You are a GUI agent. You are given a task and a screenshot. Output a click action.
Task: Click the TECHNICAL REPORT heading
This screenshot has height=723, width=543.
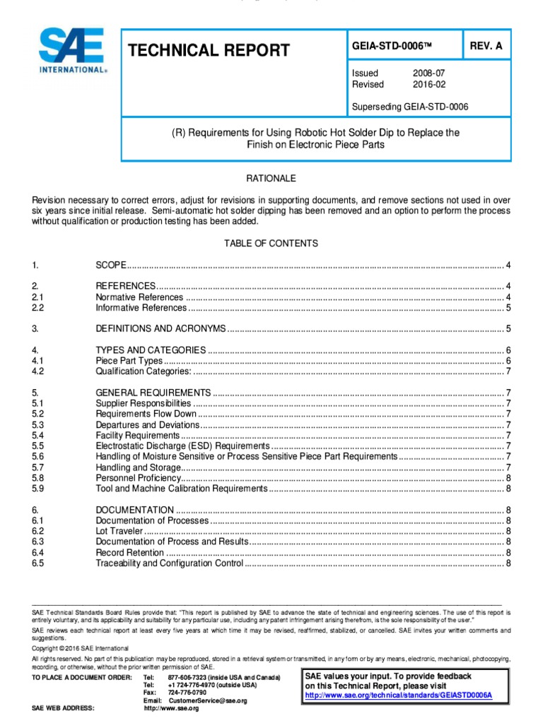point(209,50)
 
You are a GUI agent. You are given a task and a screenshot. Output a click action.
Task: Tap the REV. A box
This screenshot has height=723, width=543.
point(486,46)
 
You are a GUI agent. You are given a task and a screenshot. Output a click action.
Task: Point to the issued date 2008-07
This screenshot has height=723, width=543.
point(429,73)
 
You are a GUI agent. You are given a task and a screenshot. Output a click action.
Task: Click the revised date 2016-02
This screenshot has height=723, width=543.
point(429,85)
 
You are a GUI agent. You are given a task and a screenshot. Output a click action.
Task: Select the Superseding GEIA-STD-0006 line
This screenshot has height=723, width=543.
point(410,107)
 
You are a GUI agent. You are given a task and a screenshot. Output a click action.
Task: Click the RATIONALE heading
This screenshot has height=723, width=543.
point(271,179)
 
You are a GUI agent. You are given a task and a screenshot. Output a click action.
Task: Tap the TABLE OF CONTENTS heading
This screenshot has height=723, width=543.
point(271,244)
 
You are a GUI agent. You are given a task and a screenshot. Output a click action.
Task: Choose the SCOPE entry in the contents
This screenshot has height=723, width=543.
point(111,265)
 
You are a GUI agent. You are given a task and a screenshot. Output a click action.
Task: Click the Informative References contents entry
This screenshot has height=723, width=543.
point(141,308)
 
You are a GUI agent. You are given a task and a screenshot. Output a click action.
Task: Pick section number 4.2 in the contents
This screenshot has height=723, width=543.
point(38,371)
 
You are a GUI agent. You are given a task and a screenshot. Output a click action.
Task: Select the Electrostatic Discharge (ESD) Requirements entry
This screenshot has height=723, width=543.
point(182,446)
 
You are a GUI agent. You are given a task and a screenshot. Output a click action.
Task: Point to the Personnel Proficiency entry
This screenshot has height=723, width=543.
point(138,478)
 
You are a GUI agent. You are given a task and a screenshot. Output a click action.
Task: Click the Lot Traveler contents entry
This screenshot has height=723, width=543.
point(119,531)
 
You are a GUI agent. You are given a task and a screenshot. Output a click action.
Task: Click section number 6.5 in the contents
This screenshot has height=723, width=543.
point(38,563)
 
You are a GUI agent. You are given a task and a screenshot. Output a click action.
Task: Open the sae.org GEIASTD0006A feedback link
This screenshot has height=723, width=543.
point(398,695)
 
